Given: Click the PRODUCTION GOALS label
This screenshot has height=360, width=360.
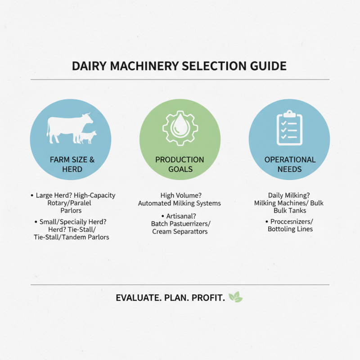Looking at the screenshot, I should pyautogui.click(x=180, y=164).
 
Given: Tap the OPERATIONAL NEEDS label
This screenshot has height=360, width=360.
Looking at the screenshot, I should pyautogui.click(x=289, y=164).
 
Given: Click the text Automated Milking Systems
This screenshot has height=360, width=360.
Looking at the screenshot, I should pyautogui.click(x=180, y=203).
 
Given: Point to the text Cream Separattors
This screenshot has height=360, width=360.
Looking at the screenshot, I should pyautogui.click(x=180, y=231).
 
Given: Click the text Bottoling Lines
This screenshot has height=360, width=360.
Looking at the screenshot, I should pyautogui.click(x=290, y=229).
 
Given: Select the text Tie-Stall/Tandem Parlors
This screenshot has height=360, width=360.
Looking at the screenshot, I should pyautogui.click(x=71, y=237).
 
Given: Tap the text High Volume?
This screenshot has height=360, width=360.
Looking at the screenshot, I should pyautogui.click(x=180, y=195).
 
